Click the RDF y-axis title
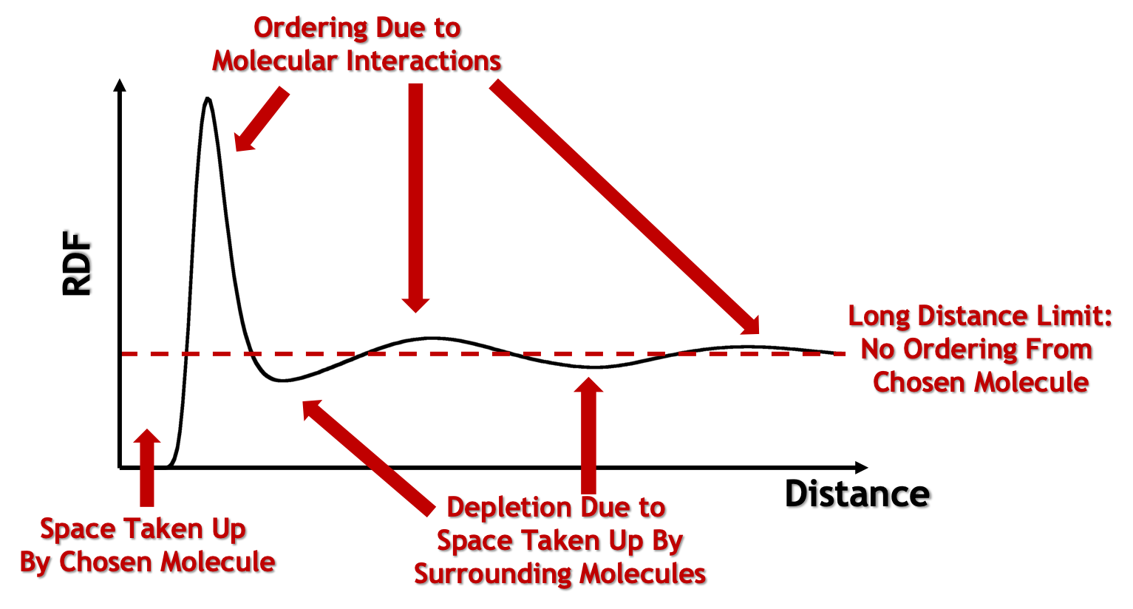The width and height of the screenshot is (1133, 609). tap(77, 263)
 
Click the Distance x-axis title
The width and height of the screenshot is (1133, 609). tap(857, 494)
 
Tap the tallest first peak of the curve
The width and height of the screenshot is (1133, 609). tap(208, 99)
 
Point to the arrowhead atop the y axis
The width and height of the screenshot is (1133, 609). tap(120, 85)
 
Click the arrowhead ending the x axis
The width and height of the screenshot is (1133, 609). tap(861, 468)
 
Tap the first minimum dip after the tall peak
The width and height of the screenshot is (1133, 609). tap(282, 381)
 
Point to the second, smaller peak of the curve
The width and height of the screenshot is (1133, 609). tap(431, 337)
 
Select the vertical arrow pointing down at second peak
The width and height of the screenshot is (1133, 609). tap(416, 197)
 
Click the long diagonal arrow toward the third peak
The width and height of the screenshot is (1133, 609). tap(625, 208)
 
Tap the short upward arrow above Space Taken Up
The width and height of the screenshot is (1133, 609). tap(146, 468)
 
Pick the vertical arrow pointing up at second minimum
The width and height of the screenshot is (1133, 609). tap(589, 436)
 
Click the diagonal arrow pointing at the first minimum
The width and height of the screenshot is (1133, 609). tap(368, 457)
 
